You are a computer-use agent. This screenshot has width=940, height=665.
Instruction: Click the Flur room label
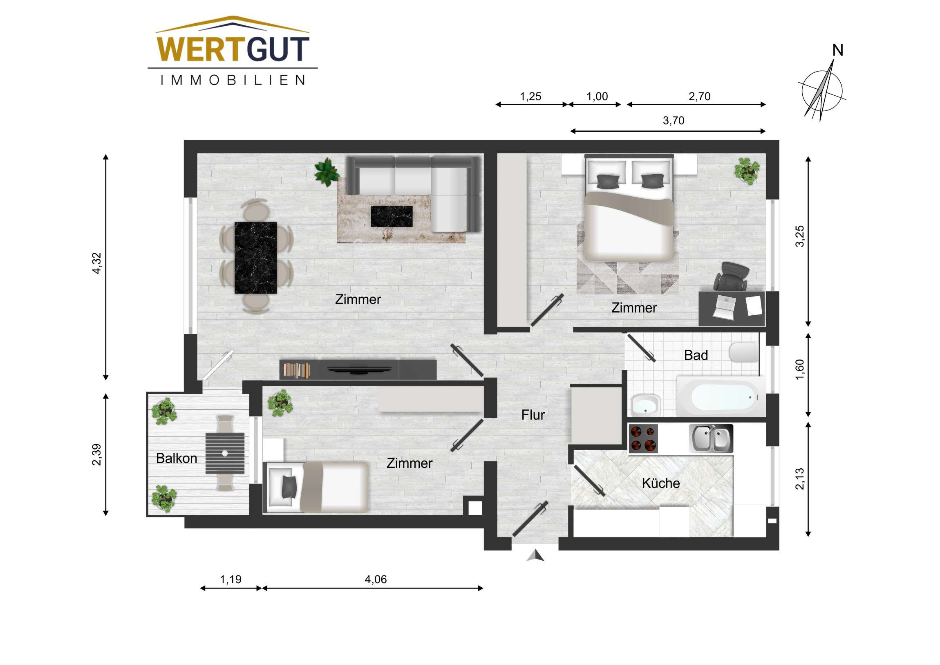(x=533, y=415)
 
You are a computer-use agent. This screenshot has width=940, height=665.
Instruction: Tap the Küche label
(x=660, y=483)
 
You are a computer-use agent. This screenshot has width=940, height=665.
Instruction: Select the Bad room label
(x=696, y=355)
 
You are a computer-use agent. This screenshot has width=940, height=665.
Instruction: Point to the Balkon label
(x=177, y=458)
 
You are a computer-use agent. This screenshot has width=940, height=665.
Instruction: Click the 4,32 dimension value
(x=96, y=263)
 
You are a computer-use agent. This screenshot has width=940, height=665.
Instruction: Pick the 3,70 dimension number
(x=674, y=121)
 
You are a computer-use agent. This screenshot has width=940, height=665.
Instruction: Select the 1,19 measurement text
(x=231, y=580)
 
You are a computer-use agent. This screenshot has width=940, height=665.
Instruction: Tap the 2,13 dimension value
(x=799, y=479)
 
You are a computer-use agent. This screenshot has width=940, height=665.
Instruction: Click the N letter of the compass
(x=838, y=50)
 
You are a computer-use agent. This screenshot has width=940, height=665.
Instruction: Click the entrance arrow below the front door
(x=535, y=556)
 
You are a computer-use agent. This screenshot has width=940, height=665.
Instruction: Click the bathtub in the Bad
(x=723, y=397)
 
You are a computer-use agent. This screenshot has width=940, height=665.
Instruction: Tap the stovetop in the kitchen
(x=643, y=438)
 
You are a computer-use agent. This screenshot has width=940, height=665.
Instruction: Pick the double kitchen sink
(x=711, y=438)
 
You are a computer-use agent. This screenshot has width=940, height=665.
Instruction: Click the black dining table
(x=255, y=258)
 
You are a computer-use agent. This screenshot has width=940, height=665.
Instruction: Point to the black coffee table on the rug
(x=392, y=216)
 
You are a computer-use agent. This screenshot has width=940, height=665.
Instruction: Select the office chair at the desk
(x=731, y=276)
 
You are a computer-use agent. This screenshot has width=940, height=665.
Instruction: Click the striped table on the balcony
(x=225, y=453)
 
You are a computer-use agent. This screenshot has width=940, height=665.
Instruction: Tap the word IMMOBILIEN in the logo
(x=233, y=80)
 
